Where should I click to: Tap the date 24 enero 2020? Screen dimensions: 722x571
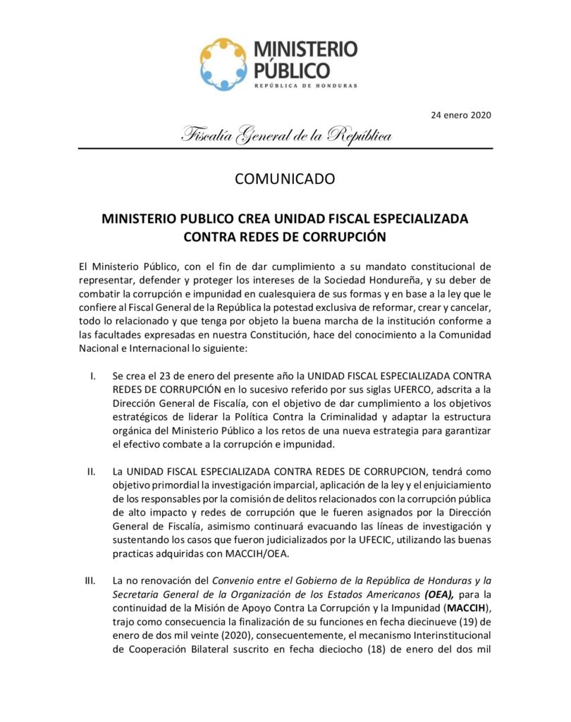point(461,115)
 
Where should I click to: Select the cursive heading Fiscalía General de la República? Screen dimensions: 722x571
point(286,135)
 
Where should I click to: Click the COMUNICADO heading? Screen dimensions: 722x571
point(285,178)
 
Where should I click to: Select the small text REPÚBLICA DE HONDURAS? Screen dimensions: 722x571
point(305,85)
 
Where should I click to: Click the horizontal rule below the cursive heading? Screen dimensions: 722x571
point(285,149)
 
